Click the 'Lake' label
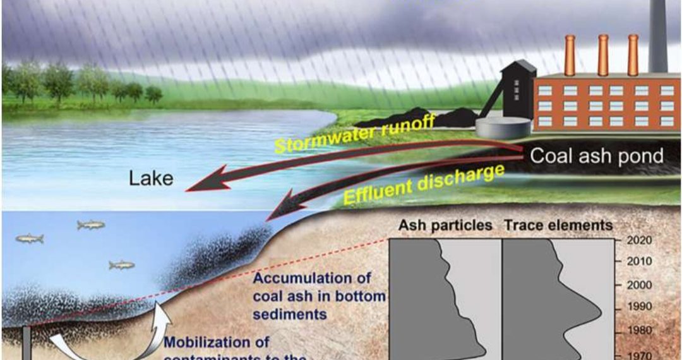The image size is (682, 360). (x=151, y=178)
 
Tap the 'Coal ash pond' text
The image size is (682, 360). (x=596, y=156)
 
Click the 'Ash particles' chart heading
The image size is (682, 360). (x=445, y=225)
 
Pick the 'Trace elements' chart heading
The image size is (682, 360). (x=558, y=225)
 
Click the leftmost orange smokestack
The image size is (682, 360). (x=570, y=56)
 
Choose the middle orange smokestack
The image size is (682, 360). (x=602, y=56)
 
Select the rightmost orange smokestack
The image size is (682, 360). (x=633, y=56)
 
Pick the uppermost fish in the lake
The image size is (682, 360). (x=91, y=224)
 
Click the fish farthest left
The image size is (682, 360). (x=30, y=239)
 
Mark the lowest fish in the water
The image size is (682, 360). (x=121, y=265)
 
